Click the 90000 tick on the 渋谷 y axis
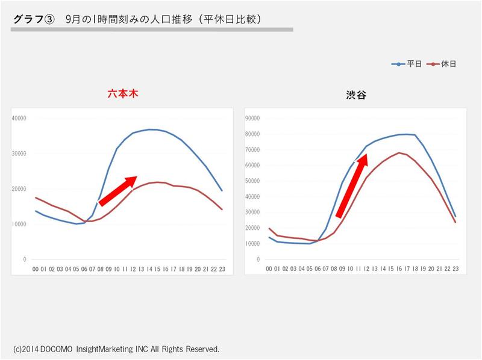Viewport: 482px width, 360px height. pos(252,118)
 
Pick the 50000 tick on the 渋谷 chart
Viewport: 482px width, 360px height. pos(252,181)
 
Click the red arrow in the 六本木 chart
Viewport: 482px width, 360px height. pos(118,191)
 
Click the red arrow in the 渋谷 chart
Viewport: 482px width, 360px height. pos(351,185)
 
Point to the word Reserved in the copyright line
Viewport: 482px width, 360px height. pos(201,349)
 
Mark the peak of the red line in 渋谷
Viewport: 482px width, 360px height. pos(399,152)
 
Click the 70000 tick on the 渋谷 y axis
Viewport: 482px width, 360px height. pos(252,149)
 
